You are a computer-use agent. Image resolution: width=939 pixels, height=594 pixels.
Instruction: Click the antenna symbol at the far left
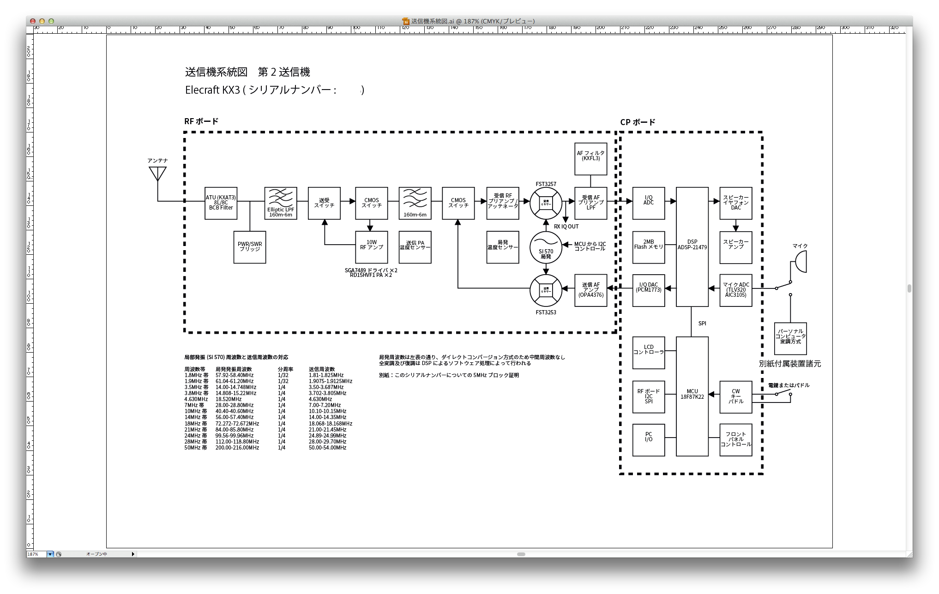[157, 174]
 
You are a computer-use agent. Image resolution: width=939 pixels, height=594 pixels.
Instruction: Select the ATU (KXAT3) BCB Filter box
[221, 203]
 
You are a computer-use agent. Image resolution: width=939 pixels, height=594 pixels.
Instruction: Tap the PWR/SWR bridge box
[250, 247]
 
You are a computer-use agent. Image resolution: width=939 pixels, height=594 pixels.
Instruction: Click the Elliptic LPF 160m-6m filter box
[281, 203]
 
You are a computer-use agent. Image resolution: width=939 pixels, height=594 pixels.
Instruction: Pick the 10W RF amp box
[372, 247]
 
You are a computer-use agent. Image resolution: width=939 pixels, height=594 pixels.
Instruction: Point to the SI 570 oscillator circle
[546, 248]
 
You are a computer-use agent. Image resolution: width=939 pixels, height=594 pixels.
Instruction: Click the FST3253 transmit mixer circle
[546, 290]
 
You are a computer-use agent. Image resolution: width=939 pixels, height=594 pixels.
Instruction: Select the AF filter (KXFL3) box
[590, 159]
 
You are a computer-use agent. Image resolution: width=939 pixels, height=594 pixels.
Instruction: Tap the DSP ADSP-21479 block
[692, 246]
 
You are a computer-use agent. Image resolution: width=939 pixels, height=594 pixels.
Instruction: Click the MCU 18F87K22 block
[692, 396]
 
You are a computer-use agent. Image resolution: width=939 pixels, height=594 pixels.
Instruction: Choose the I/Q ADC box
[648, 203]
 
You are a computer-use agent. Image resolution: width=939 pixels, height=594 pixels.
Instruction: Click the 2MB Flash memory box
[648, 247]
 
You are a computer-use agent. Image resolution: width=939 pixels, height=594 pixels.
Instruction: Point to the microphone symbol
[800, 262]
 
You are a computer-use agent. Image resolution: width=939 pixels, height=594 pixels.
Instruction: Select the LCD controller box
[648, 353]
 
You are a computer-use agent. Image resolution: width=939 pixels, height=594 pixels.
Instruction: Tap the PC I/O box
[648, 440]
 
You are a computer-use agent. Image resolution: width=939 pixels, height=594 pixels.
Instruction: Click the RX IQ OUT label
[566, 227]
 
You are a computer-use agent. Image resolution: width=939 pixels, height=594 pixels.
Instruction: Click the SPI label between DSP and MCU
[702, 324]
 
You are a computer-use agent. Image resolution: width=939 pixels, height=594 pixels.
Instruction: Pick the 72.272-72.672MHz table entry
[237, 424]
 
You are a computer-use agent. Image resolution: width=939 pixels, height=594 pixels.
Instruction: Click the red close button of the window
[32, 21]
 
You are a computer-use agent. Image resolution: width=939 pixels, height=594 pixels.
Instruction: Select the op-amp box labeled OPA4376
[590, 290]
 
